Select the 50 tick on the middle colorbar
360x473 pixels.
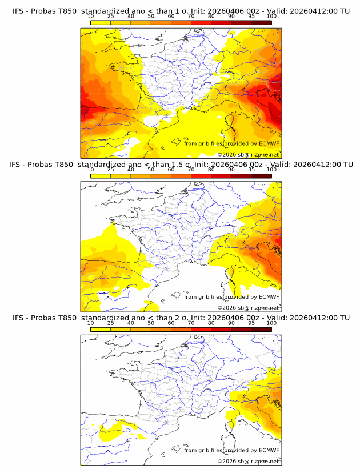151,170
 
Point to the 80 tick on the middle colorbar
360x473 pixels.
211,170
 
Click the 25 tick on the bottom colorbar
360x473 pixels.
111,323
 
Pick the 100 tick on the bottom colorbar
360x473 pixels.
271,323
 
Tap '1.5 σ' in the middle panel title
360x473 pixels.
183,165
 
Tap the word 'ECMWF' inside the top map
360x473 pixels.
269,143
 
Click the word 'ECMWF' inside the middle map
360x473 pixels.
269,297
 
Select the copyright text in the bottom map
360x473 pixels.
248,461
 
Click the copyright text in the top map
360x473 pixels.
248,154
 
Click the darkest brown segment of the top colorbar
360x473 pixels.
261,22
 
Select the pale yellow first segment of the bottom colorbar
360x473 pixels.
101,330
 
